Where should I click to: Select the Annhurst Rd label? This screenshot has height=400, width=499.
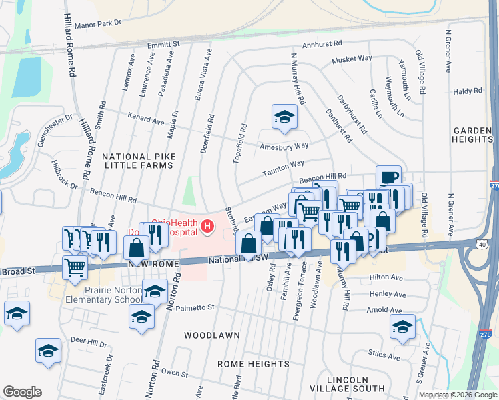pos(322,44)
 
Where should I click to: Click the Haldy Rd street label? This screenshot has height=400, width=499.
pos(467,91)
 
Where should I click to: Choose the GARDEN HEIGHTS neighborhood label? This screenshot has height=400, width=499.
pos(472,135)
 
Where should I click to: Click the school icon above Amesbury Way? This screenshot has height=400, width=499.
pos(284,117)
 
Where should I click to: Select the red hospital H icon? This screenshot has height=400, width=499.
pos(207,227)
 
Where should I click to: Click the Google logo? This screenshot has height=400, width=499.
pos(23,392)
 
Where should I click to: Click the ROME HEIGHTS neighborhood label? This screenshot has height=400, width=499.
pos(245,363)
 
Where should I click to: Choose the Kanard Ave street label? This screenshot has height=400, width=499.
pos(146,121)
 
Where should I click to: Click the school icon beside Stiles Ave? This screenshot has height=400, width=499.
pos(402,327)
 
